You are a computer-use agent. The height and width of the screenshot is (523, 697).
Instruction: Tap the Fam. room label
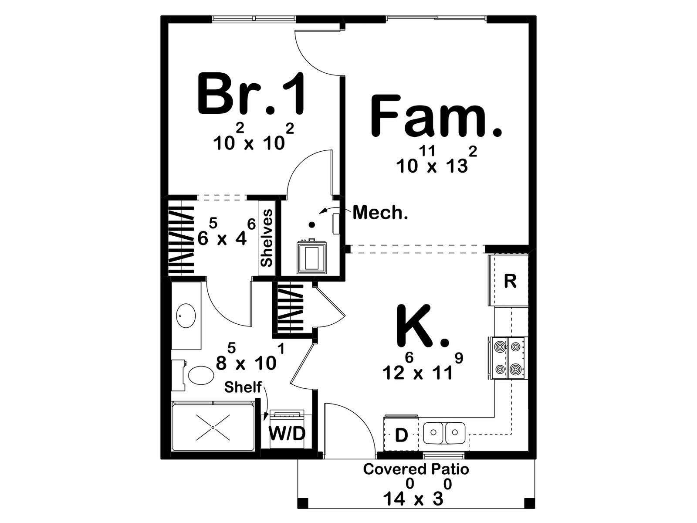point(436,116)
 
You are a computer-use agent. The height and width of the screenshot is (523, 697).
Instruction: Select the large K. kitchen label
point(423,326)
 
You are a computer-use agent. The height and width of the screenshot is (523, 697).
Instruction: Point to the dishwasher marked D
point(401,435)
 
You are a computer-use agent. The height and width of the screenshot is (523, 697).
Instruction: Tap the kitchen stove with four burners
point(508,358)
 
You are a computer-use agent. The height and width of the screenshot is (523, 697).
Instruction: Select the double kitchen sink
point(444,433)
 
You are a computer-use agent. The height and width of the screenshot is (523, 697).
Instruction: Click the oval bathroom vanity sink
point(186,316)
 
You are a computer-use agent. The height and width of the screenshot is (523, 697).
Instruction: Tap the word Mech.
point(380,212)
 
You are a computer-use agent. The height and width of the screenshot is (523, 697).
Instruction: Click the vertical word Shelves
point(267,238)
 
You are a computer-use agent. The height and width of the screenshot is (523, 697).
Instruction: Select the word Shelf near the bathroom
point(243,387)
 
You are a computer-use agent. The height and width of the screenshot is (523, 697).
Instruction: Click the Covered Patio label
point(416,469)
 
